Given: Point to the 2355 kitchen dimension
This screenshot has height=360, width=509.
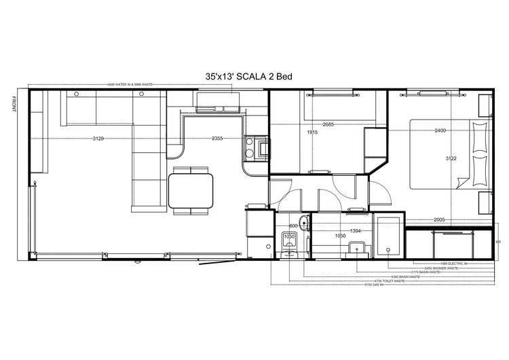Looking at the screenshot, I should tap(216, 139).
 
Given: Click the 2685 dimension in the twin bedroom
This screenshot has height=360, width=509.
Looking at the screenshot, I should tap(328, 124).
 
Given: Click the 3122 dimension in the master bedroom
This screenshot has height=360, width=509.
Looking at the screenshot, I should tap(451, 158).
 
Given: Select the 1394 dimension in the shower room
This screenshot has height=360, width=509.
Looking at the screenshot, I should tap(354, 231).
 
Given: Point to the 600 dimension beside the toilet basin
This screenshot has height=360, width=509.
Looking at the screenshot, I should tap(293, 226).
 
